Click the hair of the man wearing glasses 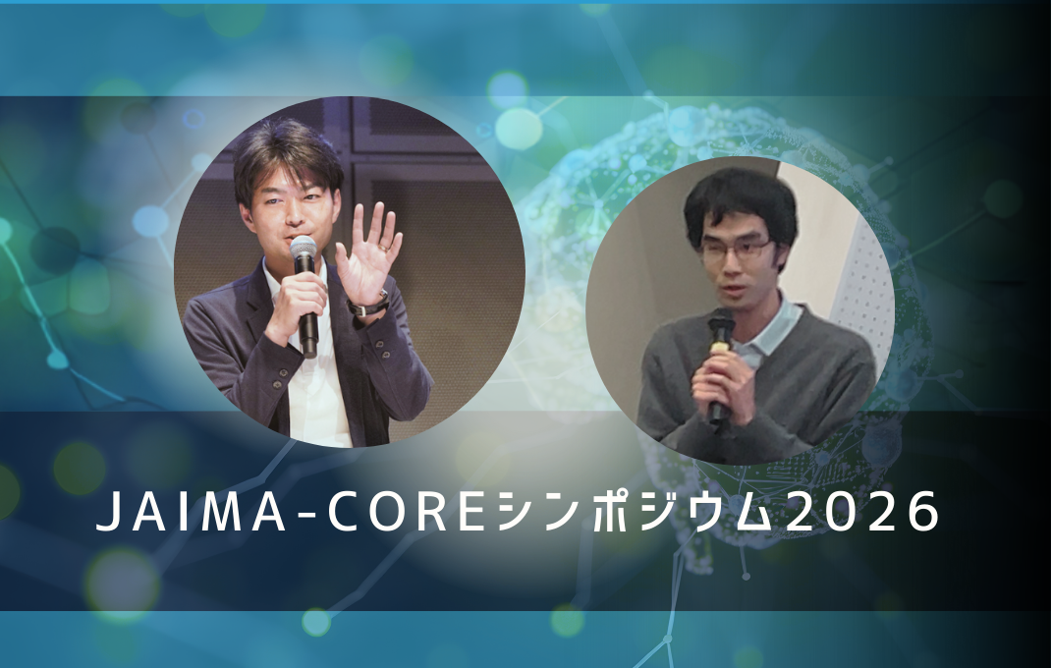click(741, 201)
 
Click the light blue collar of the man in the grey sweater click(776, 329)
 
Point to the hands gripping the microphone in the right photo click(722, 383)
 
